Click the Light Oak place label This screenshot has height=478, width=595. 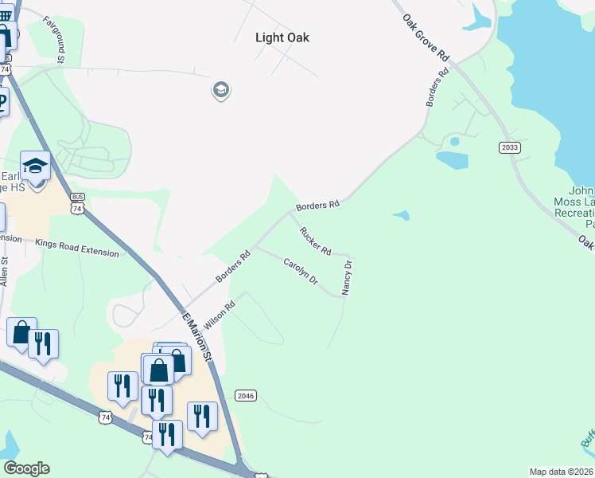[x=282, y=37]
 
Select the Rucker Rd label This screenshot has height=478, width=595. [x=315, y=241]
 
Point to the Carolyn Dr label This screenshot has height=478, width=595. [x=301, y=271]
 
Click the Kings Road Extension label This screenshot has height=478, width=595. [x=77, y=247]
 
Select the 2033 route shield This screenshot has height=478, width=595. [x=510, y=148]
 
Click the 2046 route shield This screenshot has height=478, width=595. [x=246, y=395]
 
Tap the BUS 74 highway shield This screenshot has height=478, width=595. [x=77, y=202]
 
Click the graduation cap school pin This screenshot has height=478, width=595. [x=35, y=166]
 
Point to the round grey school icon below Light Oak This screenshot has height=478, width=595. [x=220, y=90]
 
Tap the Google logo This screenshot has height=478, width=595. [x=26, y=468]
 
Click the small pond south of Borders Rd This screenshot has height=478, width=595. [x=402, y=215]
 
